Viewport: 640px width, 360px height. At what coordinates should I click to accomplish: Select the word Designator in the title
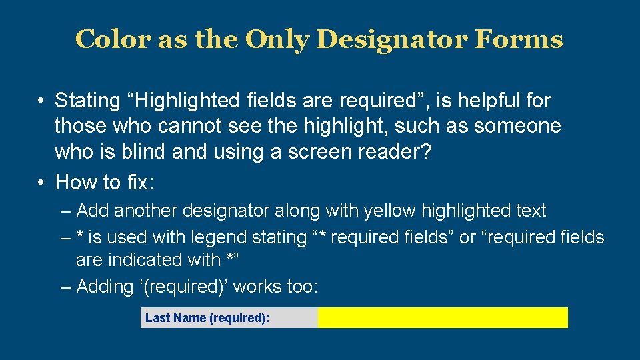(392, 39)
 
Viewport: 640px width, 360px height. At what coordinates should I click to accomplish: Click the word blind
(143, 151)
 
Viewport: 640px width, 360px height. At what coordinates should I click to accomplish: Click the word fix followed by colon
(141, 182)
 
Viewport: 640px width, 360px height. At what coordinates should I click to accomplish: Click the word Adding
(105, 287)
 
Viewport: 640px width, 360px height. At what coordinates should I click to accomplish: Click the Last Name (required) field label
(207, 318)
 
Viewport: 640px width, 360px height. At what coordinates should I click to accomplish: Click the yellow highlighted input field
(443, 318)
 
